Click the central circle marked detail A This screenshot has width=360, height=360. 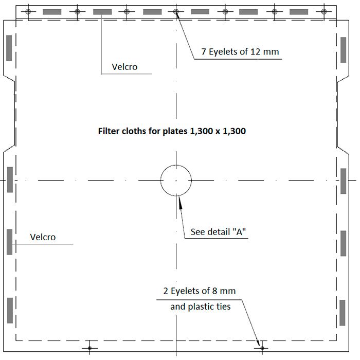160,181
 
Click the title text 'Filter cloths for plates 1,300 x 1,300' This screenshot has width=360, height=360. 172,131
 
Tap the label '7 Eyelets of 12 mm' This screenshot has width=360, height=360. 240,51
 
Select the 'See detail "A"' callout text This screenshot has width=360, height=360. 218,232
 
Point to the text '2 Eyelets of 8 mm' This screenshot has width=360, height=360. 200,291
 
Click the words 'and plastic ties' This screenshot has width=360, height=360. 201,307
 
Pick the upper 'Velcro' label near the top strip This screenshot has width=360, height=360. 124,67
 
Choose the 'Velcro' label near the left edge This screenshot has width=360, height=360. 43,237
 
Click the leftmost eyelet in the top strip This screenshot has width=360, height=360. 28,11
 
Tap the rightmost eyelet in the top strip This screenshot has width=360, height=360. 324,11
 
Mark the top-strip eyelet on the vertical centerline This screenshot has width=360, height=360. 176,11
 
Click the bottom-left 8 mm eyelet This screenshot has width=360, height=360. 90,348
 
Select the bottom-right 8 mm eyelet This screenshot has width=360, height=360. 262,348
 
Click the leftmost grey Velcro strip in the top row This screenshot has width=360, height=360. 52,12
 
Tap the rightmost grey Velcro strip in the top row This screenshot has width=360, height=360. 299,12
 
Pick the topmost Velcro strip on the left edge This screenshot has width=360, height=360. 9,48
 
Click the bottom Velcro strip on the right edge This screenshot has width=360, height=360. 343,313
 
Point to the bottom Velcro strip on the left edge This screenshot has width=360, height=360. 10,311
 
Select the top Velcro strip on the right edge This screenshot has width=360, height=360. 343,50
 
